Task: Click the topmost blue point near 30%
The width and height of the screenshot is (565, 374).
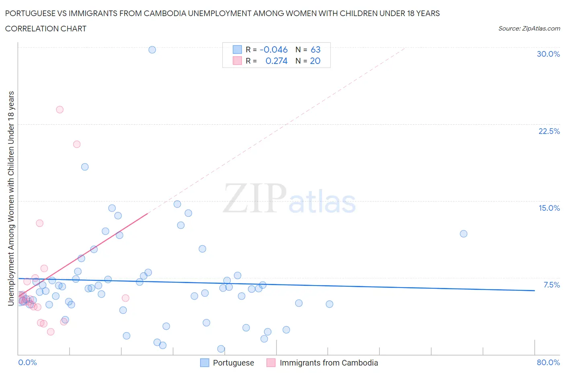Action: click(x=152, y=50)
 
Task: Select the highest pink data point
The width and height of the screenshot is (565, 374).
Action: click(x=60, y=109)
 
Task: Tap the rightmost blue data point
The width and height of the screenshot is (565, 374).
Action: click(x=463, y=234)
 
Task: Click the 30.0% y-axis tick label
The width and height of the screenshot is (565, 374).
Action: click(x=548, y=54)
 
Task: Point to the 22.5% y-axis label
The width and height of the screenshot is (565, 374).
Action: click(x=549, y=131)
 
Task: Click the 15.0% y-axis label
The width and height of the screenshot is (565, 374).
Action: click(x=549, y=208)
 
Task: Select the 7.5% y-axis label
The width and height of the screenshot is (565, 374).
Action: click(x=551, y=285)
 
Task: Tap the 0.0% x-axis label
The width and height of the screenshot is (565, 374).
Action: click(x=27, y=362)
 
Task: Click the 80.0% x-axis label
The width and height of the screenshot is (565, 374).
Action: click(x=548, y=362)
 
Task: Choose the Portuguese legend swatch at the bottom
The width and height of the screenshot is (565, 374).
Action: click(x=205, y=363)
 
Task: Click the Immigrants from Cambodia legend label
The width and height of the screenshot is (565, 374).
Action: click(x=329, y=363)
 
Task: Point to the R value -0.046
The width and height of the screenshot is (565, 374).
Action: click(x=274, y=49)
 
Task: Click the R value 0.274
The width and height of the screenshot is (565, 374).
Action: click(x=276, y=61)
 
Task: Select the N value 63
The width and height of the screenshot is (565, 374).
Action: click(x=315, y=49)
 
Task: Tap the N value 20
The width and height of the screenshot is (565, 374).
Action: click(x=315, y=61)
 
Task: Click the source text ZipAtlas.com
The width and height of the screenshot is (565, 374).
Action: click(x=541, y=28)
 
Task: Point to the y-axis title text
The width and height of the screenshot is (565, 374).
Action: click(x=11, y=198)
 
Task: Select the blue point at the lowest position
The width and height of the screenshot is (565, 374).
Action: click(x=221, y=349)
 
